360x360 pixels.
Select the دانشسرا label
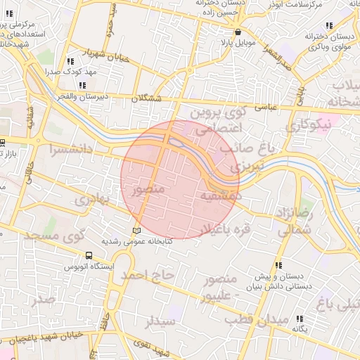point(70,149)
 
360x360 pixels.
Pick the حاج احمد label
point(146,275)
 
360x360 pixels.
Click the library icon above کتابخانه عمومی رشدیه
point(136,231)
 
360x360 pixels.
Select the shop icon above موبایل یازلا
point(238,32)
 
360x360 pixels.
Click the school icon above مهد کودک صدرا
point(70,62)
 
